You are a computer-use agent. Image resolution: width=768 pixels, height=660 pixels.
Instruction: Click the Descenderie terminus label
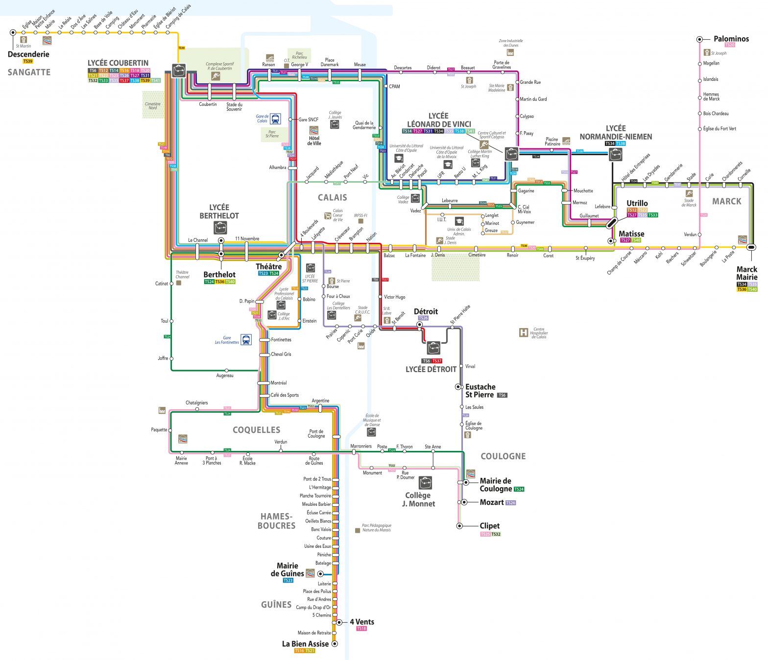pyautogui.click(x=28, y=54)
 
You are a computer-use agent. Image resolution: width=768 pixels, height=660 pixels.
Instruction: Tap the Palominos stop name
pyautogui.click(x=731, y=39)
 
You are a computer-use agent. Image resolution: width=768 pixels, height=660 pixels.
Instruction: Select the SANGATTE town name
pyautogui.click(x=29, y=72)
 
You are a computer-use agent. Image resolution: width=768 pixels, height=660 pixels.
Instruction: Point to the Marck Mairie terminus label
pyautogui.click(x=746, y=273)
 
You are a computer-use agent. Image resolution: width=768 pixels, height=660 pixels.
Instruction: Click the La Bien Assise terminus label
pyautogui.click(x=305, y=644)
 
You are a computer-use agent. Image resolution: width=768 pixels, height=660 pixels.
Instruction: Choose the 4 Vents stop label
pyautogui.click(x=362, y=622)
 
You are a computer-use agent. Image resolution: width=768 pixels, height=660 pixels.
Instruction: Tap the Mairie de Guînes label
pyautogui.click(x=287, y=569)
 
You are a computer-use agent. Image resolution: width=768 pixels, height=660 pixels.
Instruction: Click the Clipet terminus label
pyautogui.click(x=489, y=526)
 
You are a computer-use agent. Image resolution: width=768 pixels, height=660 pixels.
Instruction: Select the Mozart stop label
pyautogui.click(x=492, y=502)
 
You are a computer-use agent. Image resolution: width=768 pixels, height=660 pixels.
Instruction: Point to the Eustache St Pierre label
pyautogui.click(x=480, y=391)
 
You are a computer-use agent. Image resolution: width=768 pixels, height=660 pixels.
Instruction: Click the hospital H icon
pyautogui.click(x=523, y=333)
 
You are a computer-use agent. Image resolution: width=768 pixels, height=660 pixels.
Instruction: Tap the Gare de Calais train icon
pyautogui.click(x=275, y=118)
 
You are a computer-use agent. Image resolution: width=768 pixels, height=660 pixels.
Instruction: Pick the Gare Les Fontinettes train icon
pyautogui.click(x=246, y=339)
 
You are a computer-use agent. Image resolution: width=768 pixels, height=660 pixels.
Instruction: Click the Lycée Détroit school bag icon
pyautogui.click(x=433, y=348)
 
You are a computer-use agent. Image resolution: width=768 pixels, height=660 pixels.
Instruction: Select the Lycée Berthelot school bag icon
pyautogui.click(x=220, y=228)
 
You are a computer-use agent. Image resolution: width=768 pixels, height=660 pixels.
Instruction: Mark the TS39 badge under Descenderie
pyautogui.click(x=28, y=62)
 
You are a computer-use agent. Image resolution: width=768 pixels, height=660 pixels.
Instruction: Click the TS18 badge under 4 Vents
pyautogui.click(x=361, y=629)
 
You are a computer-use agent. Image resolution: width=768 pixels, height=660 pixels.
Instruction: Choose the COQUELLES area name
pyautogui.click(x=256, y=430)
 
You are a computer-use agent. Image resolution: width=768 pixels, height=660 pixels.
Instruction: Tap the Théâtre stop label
pyautogui.click(x=268, y=267)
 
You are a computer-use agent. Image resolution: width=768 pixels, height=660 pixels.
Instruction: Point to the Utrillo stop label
pyautogui.click(x=637, y=203)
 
